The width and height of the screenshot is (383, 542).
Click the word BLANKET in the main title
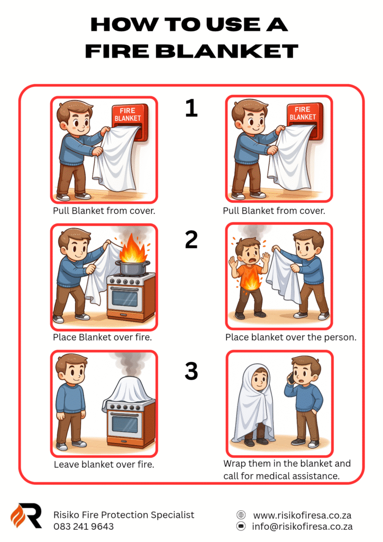tap(226, 51)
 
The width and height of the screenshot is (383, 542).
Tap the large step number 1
tap(191, 107)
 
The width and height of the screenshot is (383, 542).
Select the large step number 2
tap(191, 239)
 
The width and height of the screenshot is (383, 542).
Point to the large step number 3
tap(191, 371)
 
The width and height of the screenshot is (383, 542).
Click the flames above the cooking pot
tap(133, 248)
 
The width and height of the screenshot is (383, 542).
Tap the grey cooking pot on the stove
tap(133, 267)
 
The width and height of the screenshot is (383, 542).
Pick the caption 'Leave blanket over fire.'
tap(104, 464)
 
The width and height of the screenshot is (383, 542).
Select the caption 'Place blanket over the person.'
tap(291, 337)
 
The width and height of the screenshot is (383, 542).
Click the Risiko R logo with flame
tap(26, 516)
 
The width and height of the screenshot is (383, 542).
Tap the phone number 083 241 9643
tap(84, 527)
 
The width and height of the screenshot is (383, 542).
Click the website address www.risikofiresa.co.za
tap(302, 516)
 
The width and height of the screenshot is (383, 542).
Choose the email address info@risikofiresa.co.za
tap(302, 527)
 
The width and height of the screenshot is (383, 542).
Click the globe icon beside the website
tap(241, 514)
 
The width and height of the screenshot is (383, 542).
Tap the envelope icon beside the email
tap(241, 526)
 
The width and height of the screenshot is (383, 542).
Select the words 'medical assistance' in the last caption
tap(300, 476)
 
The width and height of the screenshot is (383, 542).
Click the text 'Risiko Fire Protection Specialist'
tap(124, 515)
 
